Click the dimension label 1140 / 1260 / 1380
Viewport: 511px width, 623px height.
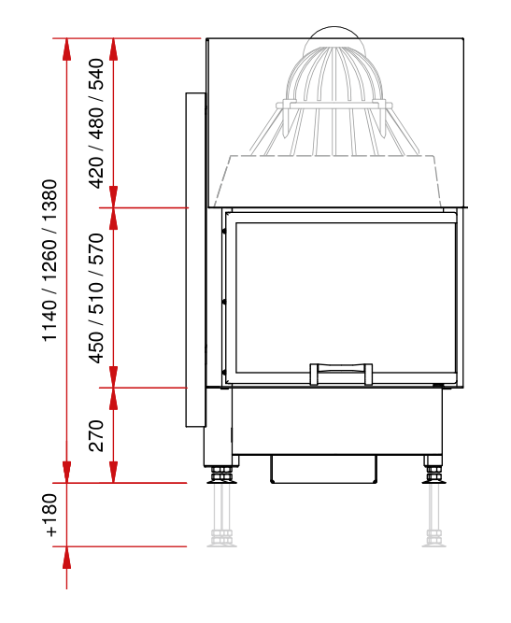pyautogui.click(x=50, y=261)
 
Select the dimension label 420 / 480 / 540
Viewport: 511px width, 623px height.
pyautogui.click(x=96, y=123)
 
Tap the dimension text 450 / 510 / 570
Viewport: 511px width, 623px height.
pyautogui.click(x=96, y=298)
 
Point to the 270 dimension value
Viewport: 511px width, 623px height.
pyautogui.click(x=96, y=435)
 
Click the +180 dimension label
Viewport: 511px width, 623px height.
pyautogui.click(x=50, y=515)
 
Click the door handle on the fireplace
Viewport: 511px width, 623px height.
pyautogui.click(x=341, y=374)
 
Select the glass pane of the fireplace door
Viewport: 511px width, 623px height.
pyautogui.click(x=346, y=298)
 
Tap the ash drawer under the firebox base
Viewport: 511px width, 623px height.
pyautogui.click(x=323, y=469)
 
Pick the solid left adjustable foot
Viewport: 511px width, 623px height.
pyautogui.click(x=221, y=475)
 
